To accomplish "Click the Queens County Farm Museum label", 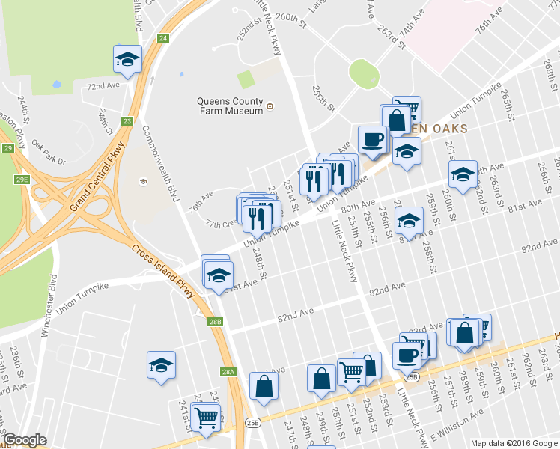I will (x=230, y=106).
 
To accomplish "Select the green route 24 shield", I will (x=162, y=38).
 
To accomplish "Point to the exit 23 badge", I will (x=127, y=120).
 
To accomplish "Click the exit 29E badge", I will (x=22, y=179).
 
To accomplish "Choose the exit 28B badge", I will (x=216, y=322).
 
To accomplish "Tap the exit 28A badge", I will (x=228, y=371).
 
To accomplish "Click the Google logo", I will (x=25, y=440).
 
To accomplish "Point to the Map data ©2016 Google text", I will (x=514, y=443).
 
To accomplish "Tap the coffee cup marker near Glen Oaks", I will (x=372, y=139).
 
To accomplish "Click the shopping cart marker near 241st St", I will (x=206, y=418).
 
